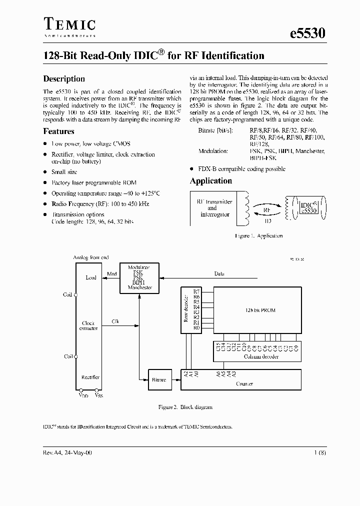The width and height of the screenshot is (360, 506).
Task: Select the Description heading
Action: [64, 78]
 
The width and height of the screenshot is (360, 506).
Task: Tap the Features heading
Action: [59, 131]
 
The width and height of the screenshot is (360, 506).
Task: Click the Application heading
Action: [211, 181]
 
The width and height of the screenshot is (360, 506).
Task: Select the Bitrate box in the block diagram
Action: [159, 380]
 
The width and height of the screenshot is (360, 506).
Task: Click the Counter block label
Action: [244, 383]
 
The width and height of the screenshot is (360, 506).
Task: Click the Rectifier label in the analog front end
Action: [90, 377]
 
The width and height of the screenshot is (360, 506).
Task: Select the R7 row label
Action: [196, 290]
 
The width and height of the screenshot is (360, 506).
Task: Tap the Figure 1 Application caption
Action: [258, 235]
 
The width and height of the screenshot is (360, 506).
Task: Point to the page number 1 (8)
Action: [321, 452]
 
